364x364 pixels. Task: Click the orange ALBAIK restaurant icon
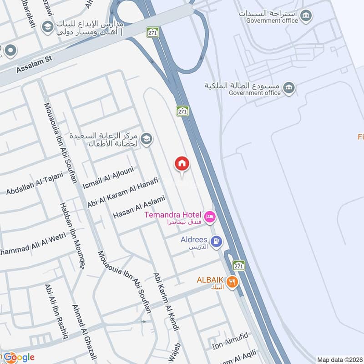232,282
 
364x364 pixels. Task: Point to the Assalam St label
35,67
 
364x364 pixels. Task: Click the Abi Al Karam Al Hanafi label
123,192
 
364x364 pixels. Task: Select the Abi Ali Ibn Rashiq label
56,312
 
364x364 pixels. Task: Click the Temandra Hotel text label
173,214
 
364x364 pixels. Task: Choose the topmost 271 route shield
152,32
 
